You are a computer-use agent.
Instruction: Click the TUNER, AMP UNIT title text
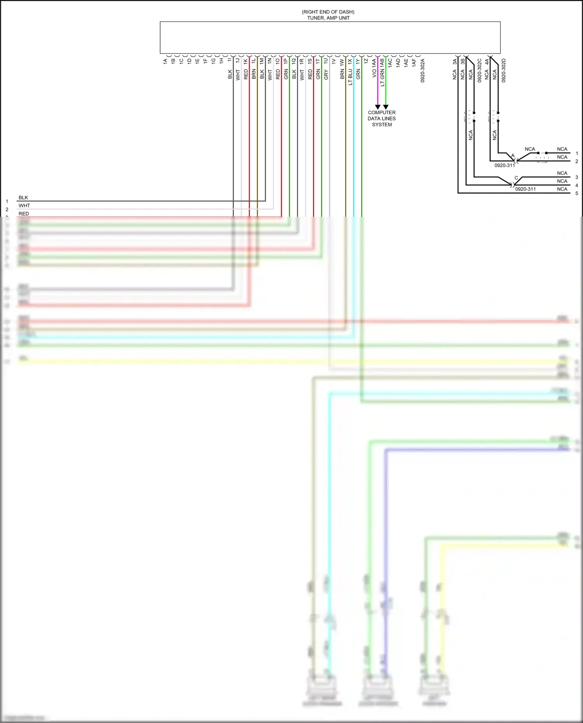pyautogui.click(x=328, y=18)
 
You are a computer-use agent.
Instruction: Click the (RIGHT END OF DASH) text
pyautogui.click(x=328, y=12)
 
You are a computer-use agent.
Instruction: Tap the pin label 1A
pyautogui.click(x=165, y=61)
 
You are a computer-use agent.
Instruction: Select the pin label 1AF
pyautogui.click(x=414, y=62)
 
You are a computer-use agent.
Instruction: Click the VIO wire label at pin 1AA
pyautogui.click(x=374, y=73)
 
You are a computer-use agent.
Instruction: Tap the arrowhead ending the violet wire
pyautogui.click(x=377, y=107)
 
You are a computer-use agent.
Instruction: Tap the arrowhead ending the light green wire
pyautogui.click(x=386, y=107)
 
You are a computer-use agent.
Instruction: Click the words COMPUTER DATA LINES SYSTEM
pyautogui.click(x=382, y=118)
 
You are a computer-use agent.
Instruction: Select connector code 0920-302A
pyautogui.click(x=422, y=70)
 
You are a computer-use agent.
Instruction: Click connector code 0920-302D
pyautogui.click(x=503, y=70)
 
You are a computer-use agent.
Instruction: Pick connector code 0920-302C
pyautogui.click(x=479, y=70)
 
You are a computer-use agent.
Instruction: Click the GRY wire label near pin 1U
pyautogui.click(x=326, y=75)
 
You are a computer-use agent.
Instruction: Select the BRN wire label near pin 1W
pyautogui.click(x=342, y=74)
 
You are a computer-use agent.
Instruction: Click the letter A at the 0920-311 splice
pyautogui.click(x=513, y=155)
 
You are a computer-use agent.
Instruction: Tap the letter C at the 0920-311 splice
pyautogui.click(x=516, y=178)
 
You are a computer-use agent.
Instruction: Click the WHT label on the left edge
pyautogui.click(x=24, y=206)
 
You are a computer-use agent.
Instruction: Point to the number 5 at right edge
pyautogui.click(x=577, y=193)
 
